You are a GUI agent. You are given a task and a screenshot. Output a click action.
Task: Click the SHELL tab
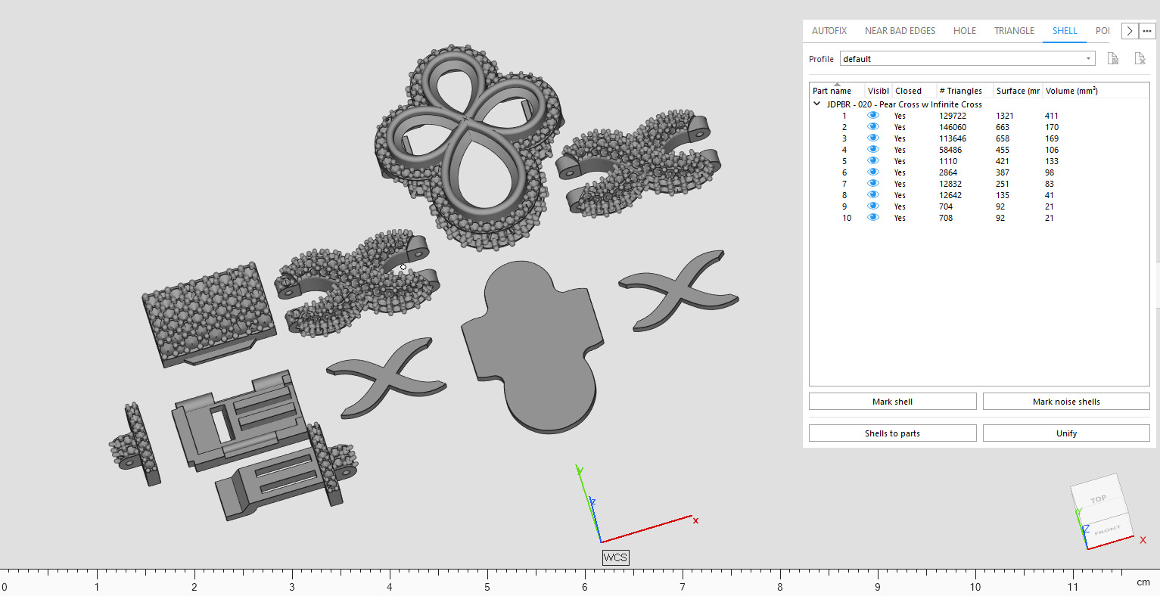1064,31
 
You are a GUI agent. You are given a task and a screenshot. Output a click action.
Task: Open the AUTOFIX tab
829,31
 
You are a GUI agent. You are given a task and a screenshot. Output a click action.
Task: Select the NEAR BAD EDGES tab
900,31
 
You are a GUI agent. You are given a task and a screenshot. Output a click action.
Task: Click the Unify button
1065,433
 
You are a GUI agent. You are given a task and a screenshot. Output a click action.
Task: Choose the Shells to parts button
892,433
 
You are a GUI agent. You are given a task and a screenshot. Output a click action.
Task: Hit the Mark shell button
892,402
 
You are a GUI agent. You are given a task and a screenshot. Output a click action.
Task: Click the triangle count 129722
952,116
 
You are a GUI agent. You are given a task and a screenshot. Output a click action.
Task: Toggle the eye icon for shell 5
873,161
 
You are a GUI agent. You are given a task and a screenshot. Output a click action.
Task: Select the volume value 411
1051,116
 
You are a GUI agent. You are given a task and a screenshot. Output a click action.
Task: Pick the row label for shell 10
846,218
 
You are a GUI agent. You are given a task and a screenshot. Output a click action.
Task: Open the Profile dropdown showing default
967,59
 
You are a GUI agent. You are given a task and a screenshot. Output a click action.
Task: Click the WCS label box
615,557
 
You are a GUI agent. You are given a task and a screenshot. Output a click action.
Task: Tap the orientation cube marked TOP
1097,498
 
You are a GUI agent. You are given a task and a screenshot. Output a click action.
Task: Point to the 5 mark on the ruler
487,586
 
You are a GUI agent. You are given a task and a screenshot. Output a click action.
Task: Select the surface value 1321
1004,116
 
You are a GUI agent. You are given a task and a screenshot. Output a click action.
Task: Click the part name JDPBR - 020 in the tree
903,104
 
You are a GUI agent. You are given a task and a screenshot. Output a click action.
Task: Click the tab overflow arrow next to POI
1129,31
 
